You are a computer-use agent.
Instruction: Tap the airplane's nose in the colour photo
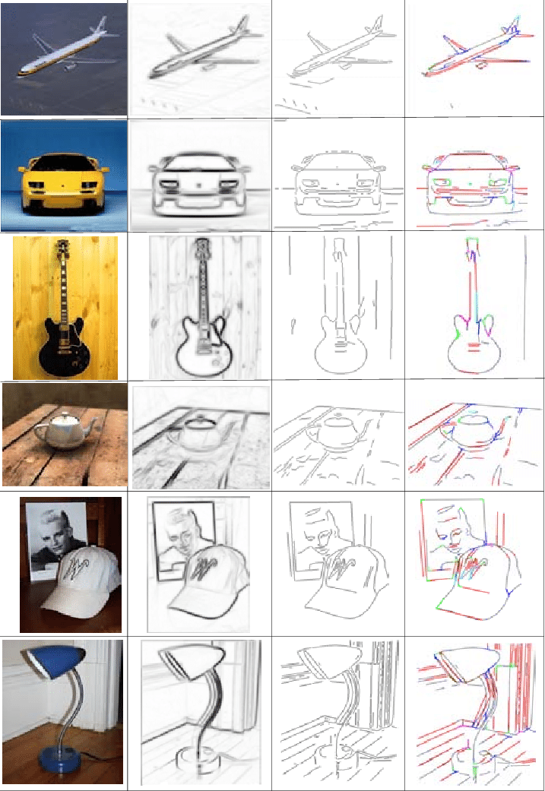tap(18, 73)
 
